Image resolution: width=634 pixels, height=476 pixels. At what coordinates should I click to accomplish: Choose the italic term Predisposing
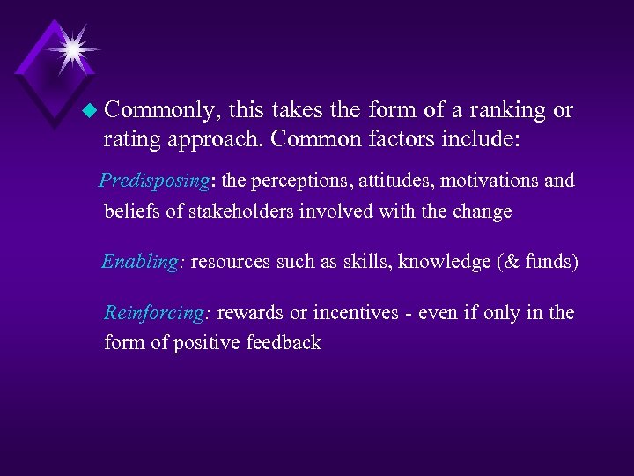point(154,182)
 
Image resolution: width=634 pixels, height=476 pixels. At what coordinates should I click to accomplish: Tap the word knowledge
point(439,262)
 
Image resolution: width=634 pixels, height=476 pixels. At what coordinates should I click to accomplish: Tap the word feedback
point(284,343)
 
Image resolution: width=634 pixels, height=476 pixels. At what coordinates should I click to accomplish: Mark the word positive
point(208,343)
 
